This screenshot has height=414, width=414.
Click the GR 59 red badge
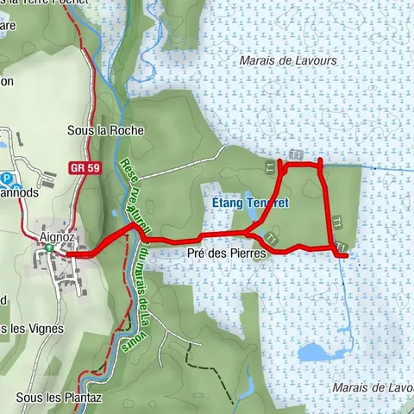point(81,168)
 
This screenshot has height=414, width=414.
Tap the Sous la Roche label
point(105,130)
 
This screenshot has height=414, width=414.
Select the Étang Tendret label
point(249,203)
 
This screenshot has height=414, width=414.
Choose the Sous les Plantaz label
point(59,398)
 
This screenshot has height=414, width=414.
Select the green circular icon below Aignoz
point(50,249)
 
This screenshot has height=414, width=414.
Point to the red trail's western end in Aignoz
point(67,254)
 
